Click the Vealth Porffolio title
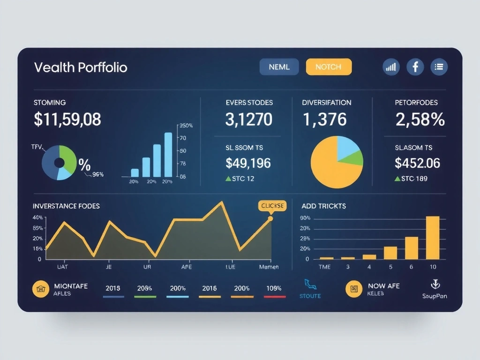coord(81,67)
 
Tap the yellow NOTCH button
coord(328,67)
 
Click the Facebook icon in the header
coord(415,67)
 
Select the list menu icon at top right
coord(439,67)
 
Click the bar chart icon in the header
coord(391,67)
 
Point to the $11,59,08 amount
coord(67,120)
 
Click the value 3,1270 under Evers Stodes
coord(248,120)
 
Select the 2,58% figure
coord(420,120)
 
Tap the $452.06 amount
coord(417,163)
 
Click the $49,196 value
coord(248,163)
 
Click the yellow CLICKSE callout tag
coord(271,206)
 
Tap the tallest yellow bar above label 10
coord(432,237)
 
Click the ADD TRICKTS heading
coord(324,206)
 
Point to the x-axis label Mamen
coord(269,267)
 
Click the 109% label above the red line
coord(274,288)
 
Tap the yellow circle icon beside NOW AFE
coord(354,289)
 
